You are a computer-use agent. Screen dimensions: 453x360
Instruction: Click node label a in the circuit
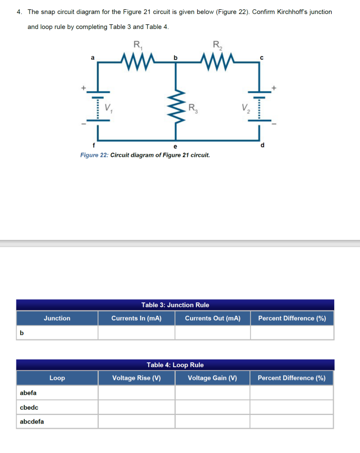[x=93, y=58]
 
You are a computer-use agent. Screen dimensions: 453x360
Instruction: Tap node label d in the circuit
[x=262, y=145]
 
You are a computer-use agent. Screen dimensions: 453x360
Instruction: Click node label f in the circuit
[x=93, y=145]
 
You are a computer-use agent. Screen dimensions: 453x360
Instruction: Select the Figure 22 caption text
[x=145, y=155]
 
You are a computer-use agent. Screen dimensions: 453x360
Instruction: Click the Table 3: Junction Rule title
[x=175, y=305]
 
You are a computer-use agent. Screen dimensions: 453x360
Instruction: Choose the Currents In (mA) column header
[x=136, y=318]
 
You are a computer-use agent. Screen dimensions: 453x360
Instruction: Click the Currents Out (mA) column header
[x=212, y=318]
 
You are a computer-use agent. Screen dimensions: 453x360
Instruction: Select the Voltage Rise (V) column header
[x=136, y=378]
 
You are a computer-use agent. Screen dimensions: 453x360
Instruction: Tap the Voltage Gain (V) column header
[x=212, y=378]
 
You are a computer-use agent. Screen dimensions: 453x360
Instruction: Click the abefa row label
[x=28, y=393]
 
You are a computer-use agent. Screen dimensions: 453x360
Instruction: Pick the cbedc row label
[x=29, y=408]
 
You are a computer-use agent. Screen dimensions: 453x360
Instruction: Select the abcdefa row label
[x=32, y=422]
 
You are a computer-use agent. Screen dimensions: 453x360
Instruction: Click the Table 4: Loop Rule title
[x=175, y=365]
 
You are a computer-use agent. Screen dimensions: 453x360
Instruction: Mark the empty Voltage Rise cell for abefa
[x=136, y=393]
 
